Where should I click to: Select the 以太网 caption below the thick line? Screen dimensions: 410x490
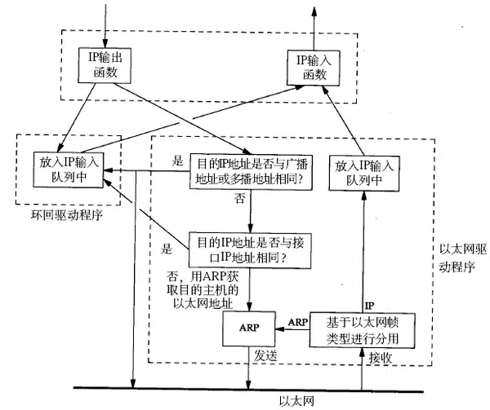(x=293, y=401)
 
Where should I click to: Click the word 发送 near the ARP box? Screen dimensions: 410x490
(x=266, y=357)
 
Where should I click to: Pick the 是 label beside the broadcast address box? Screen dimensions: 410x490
(x=178, y=161)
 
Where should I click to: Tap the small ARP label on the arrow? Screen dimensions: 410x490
(x=297, y=322)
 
